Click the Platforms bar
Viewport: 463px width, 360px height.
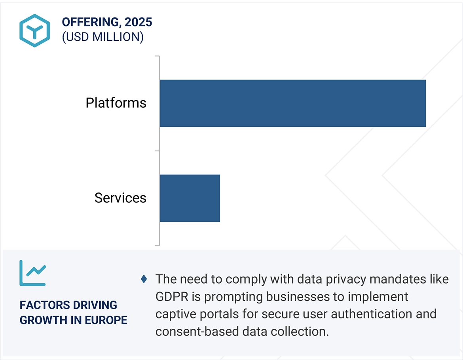(292, 103)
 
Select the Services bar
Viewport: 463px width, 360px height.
(190, 198)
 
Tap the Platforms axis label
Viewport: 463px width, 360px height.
(116, 103)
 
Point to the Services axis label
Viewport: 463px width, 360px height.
(120, 198)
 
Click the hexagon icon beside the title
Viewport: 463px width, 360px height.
(34, 31)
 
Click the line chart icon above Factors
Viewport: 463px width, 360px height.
(32, 273)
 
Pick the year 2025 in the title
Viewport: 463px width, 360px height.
(138, 23)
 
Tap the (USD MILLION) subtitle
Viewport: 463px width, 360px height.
(102, 37)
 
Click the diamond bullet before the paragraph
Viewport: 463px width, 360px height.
(144, 279)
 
